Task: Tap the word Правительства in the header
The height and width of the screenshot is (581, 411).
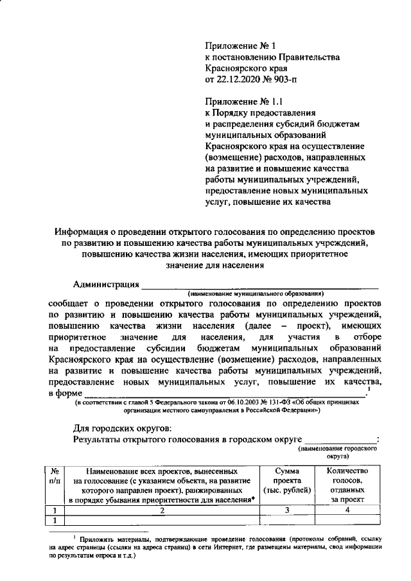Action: (304, 58)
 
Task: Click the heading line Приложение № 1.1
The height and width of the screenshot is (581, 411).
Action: (244, 101)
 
